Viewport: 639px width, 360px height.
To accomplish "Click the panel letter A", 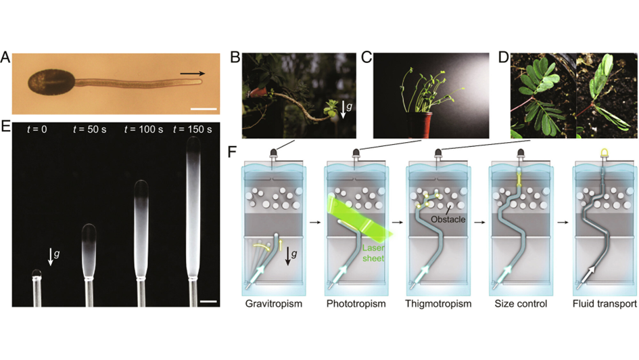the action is click(x=5, y=57).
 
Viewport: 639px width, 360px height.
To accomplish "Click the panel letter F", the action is click(x=232, y=152).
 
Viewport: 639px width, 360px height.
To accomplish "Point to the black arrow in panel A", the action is click(x=192, y=73).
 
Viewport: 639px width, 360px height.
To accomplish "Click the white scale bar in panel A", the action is click(x=204, y=109).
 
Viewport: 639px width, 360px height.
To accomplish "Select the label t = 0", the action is click(x=37, y=129).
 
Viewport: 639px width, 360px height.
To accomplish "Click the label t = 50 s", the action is click(x=90, y=129).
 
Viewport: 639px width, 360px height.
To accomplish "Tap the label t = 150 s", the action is click(x=192, y=129).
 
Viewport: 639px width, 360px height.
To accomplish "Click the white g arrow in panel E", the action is click(x=51, y=256).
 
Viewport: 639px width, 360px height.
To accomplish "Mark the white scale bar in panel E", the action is click(x=208, y=302).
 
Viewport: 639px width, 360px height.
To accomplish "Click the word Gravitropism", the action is click(x=273, y=304).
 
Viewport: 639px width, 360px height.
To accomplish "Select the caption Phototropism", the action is click(x=356, y=304).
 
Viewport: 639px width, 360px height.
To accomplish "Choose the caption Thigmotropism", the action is click(x=438, y=304).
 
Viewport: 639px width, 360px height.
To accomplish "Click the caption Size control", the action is click(x=521, y=304).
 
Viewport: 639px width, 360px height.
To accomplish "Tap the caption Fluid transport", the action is click(x=605, y=304).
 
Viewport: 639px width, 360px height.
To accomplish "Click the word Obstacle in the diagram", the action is click(x=448, y=219).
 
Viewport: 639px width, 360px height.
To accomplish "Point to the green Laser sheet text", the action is click(x=373, y=253).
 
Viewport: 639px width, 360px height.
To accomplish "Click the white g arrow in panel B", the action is click(x=343, y=109).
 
